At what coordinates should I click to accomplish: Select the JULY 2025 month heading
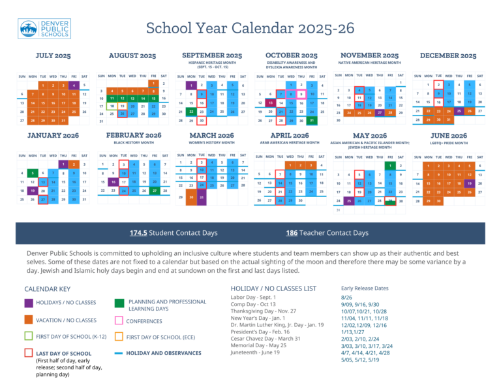[x=53, y=55]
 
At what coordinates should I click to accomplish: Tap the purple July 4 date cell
[x=74, y=85]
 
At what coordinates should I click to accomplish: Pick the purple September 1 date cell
[x=190, y=85]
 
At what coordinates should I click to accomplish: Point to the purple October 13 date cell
[x=270, y=103]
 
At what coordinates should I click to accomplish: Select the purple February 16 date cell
[x=112, y=182]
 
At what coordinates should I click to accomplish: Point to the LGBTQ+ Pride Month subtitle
[x=449, y=142]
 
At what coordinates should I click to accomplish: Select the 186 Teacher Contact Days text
[x=327, y=233]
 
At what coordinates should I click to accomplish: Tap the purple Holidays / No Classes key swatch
[x=29, y=303]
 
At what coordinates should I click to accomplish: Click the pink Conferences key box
[x=119, y=320]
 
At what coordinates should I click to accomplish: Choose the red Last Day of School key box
[x=29, y=353]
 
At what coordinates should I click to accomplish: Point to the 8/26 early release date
[x=347, y=297]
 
